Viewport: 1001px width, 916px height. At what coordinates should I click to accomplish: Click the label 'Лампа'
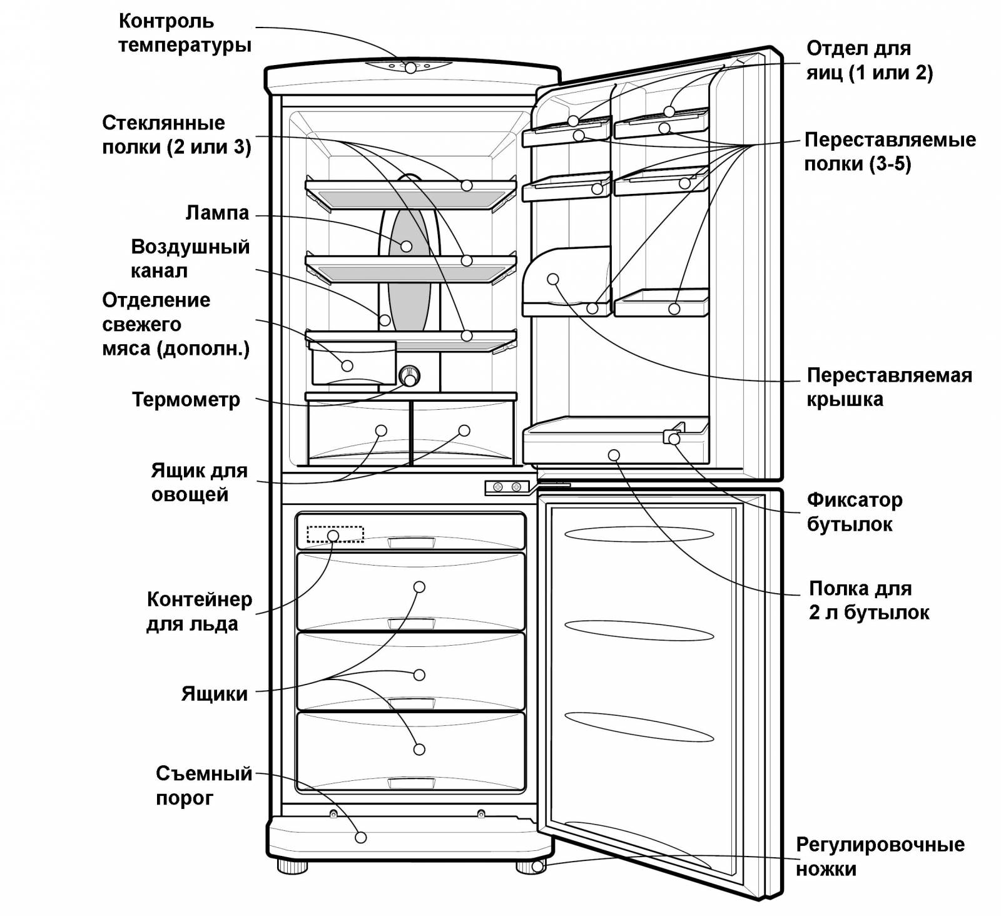pos(217,213)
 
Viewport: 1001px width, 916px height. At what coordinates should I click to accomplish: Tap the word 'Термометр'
pos(186,399)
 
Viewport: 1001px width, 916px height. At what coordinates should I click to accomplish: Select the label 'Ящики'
pos(215,693)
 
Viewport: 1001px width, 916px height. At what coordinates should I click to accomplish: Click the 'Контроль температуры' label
pos(185,33)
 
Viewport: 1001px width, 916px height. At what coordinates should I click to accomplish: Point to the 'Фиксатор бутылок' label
pos(855,512)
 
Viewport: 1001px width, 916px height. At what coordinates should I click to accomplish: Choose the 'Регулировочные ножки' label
pos(880,857)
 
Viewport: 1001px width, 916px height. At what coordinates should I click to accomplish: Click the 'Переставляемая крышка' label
pos(889,387)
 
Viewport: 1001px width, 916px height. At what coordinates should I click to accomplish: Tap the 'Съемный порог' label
pos(204,785)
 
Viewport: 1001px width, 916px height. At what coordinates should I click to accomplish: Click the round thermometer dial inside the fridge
pos(409,376)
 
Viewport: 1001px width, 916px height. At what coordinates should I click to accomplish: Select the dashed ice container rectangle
pos(335,534)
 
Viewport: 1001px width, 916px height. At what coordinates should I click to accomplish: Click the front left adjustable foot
pos(293,867)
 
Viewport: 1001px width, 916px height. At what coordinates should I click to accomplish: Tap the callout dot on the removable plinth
pos(360,837)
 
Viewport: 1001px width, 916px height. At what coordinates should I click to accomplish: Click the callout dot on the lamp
pos(407,246)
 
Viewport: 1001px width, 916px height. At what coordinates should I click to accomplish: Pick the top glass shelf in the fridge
pos(411,194)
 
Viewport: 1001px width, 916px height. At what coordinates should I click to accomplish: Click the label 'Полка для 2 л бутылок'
pos(869,600)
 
